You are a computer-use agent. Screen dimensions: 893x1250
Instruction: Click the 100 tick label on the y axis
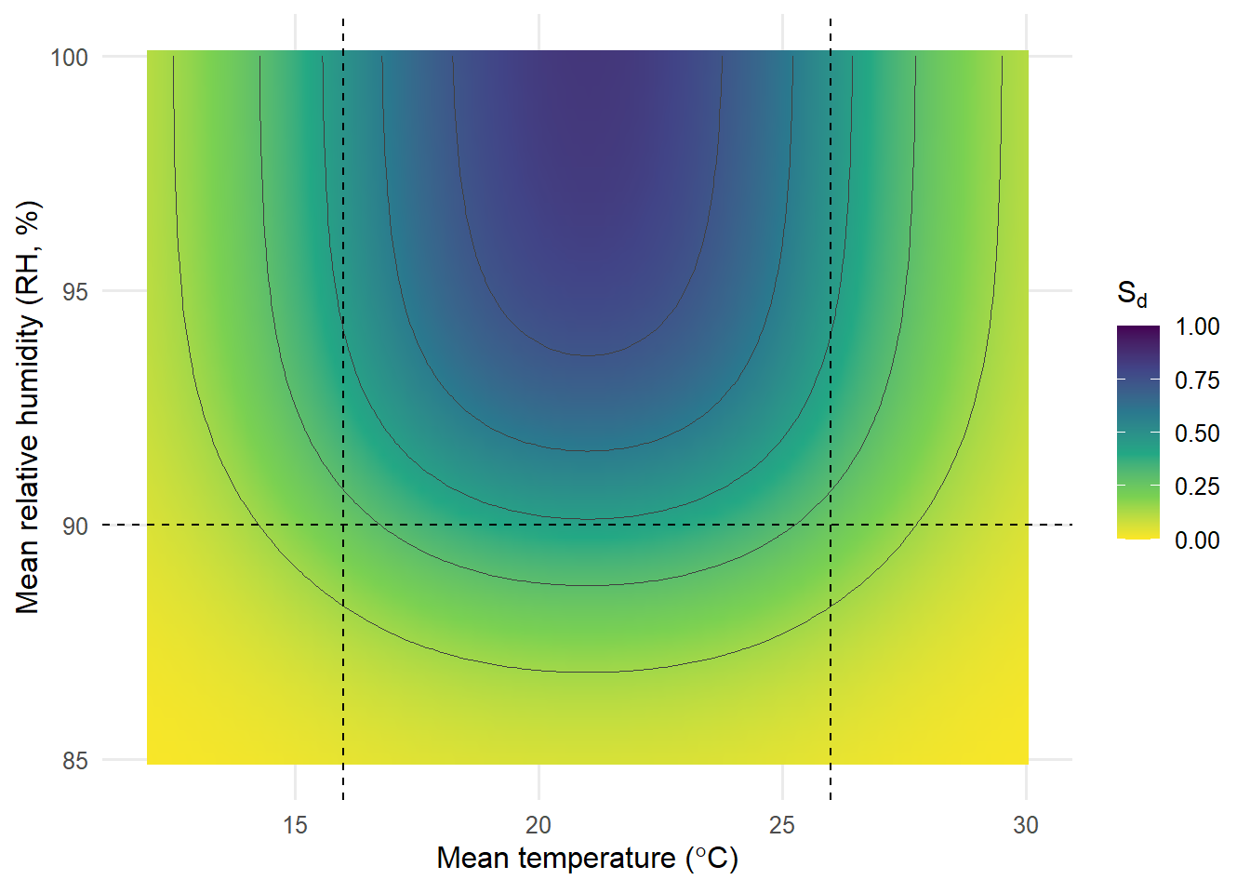coord(69,57)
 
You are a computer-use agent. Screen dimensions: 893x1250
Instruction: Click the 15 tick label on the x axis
coord(295,825)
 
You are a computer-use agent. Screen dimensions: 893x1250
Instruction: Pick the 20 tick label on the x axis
coord(539,825)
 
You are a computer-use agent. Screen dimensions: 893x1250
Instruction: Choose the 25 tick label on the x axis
coord(782,825)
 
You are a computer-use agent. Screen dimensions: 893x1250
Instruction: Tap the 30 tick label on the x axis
coord(1026,825)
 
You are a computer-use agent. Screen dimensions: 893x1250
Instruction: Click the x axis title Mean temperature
coord(587,858)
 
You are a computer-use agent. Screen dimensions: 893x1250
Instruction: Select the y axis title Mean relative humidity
coord(28,407)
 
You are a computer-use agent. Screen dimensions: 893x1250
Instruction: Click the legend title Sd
coord(1132,294)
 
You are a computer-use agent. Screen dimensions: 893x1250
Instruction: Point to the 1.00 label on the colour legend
coord(1197,327)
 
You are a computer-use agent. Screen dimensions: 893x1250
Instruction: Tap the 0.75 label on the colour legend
coord(1197,380)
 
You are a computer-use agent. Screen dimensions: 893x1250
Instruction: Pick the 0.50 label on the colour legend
coord(1197,433)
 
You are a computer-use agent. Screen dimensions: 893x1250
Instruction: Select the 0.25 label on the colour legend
coord(1197,486)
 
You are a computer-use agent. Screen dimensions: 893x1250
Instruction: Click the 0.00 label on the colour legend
coord(1197,540)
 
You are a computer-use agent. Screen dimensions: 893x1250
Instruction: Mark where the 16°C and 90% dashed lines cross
coord(343,525)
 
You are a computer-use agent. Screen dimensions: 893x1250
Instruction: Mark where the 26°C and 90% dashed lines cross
coord(831,525)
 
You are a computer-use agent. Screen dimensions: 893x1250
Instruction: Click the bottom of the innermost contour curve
coord(588,355)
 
